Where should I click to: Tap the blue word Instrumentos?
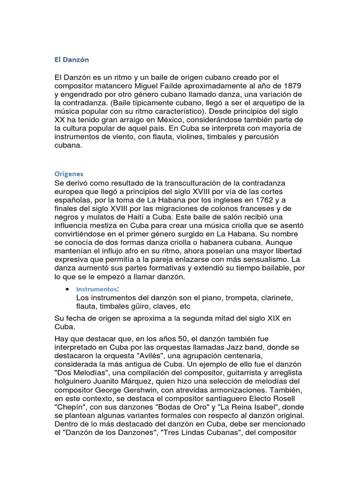(x=96, y=289)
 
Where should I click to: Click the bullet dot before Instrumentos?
(x=68, y=289)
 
